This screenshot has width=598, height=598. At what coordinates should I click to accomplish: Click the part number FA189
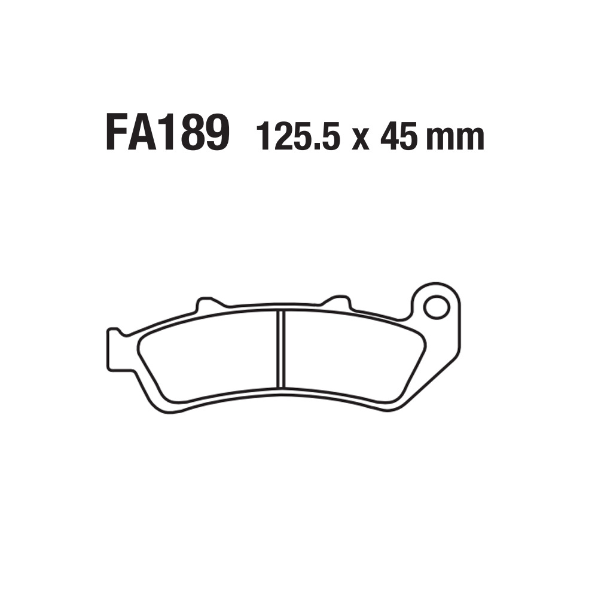click(x=167, y=133)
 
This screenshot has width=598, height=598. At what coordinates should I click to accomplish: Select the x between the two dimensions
click(x=360, y=139)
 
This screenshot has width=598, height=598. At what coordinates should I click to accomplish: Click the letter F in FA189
click(x=117, y=133)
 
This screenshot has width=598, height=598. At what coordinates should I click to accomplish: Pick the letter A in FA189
click(x=144, y=133)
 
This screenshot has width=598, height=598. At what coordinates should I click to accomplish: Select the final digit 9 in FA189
click(x=215, y=133)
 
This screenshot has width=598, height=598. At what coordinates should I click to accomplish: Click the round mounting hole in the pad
click(x=435, y=307)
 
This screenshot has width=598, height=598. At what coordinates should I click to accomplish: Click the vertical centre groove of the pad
click(x=281, y=349)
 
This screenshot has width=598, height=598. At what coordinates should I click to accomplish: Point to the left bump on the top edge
click(x=206, y=304)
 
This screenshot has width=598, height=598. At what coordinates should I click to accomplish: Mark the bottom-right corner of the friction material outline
click(x=395, y=399)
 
